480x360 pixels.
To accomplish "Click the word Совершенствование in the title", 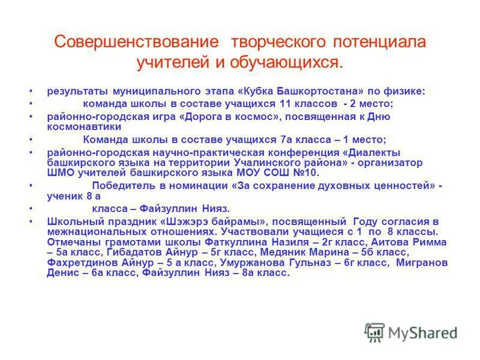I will pos(136,43).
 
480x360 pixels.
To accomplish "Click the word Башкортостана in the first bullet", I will pos(317,91).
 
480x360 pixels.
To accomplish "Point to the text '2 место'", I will pos(375,103).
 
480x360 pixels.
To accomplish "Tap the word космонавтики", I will pos(84,127).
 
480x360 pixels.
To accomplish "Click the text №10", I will pos(307,173).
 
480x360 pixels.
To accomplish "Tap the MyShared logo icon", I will pos(375,331).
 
